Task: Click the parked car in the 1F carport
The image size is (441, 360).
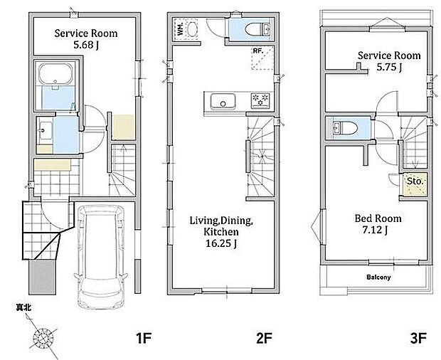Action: tap(101, 257)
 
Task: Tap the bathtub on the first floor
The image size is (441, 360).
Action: tap(55, 74)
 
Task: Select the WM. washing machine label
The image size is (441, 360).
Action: tap(181, 28)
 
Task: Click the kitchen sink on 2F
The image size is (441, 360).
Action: tap(223, 101)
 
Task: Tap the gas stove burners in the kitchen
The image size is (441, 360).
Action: tap(260, 100)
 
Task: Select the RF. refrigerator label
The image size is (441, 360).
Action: tap(258, 51)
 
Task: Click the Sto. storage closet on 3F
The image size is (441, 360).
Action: tap(415, 181)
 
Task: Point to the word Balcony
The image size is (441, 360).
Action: tap(378, 277)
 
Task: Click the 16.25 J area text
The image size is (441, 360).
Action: tap(221, 243)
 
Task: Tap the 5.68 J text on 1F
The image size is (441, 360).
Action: tap(86, 45)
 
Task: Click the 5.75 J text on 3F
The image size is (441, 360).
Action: tap(389, 67)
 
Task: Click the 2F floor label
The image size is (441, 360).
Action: tap(264, 338)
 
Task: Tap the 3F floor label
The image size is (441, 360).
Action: tap(418, 338)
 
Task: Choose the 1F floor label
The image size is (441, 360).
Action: tap(144, 338)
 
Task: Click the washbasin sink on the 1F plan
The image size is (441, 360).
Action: tap(46, 130)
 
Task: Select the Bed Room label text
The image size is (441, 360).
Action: tap(378, 218)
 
